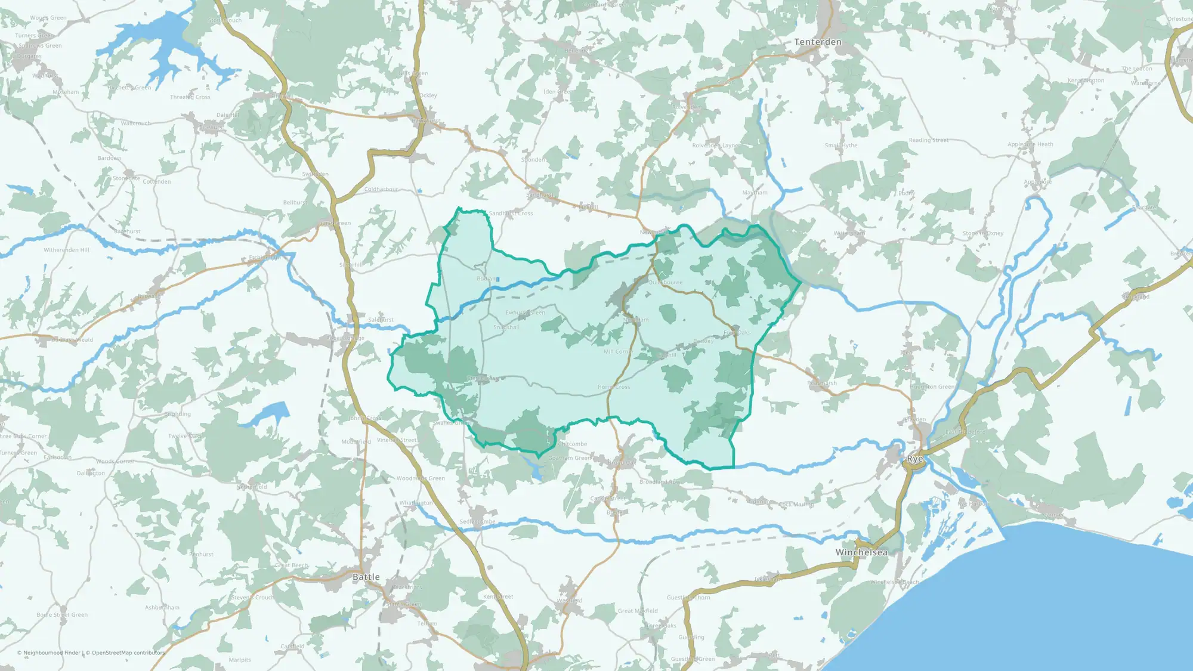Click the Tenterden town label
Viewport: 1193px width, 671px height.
click(818, 42)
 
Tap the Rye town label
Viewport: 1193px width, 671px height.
click(915, 459)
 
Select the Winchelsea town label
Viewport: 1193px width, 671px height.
click(861, 552)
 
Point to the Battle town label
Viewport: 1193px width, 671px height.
click(366, 577)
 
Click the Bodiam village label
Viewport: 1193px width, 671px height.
click(487, 279)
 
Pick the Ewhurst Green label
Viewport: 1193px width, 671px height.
click(525, 313)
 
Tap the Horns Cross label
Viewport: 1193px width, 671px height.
click(614, 387)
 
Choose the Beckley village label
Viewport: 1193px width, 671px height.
click(703, 341)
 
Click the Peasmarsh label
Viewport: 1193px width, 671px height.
click(822, 383)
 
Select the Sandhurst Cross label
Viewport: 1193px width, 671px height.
click(511, 214)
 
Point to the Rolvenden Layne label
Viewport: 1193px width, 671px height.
click(715, 146)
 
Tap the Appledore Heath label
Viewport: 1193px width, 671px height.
click(1030, 144)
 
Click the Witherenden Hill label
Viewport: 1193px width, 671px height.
click(66, 250)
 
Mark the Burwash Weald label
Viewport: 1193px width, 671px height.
click(72, 340)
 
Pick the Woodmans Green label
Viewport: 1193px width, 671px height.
click(421, 478)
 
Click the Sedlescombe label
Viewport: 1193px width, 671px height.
click(477, 522)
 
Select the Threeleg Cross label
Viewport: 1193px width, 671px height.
click(190, 97)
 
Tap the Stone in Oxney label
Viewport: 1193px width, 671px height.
click(983, 233)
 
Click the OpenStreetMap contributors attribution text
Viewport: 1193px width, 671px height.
click(125, 653)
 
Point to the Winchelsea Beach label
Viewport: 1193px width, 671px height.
click(894, 582)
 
